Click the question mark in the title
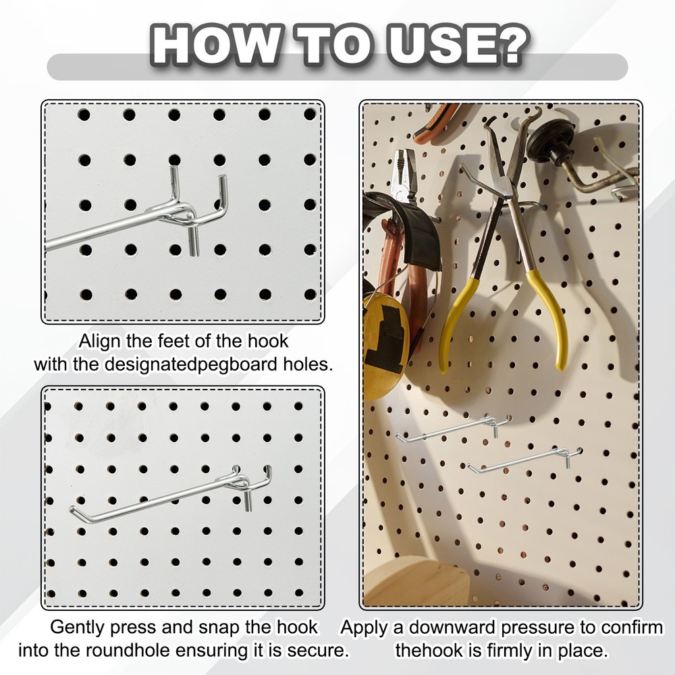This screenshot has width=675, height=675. (x=506, y=45)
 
